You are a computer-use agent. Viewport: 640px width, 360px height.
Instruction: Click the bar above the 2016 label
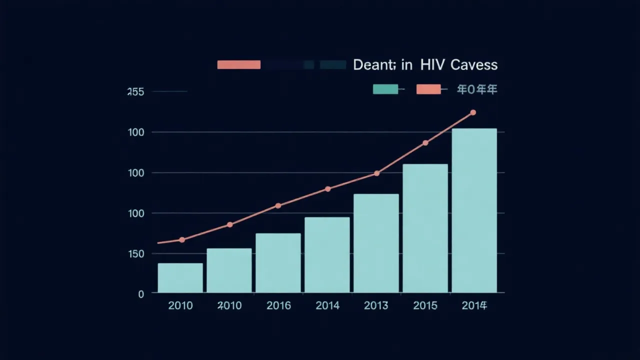tap(278, 262)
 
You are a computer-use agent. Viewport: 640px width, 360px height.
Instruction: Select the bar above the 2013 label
tap(376, 243)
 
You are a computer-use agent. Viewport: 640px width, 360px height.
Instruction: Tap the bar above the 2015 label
tap(425, 228)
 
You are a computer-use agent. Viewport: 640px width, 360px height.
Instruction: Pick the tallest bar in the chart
tap(474, 210)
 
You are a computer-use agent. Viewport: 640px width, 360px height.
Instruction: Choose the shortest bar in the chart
tap(180, 277)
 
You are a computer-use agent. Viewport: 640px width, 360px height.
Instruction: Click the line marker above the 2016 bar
tap(278, 205)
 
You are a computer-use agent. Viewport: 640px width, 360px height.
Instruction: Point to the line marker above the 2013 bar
tap(376, 173)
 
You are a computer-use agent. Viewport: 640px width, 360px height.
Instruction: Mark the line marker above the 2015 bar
tap(425, 143)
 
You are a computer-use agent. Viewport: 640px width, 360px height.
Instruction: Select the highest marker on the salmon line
tap(473, 112)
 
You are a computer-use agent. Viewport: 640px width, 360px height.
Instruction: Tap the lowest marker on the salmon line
tap(182, 240)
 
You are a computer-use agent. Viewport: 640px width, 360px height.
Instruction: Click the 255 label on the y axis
tap(135, 92)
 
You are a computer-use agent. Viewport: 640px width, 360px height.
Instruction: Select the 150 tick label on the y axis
tap(135, 254)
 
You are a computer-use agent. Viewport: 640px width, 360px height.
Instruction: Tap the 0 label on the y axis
tap(141, 294)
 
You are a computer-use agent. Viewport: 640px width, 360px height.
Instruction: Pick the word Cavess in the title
tap(473, 65)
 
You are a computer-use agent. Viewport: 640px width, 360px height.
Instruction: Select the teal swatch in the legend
tap(385, 89)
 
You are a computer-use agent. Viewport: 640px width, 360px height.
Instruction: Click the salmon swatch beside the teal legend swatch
tap(428, 89)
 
